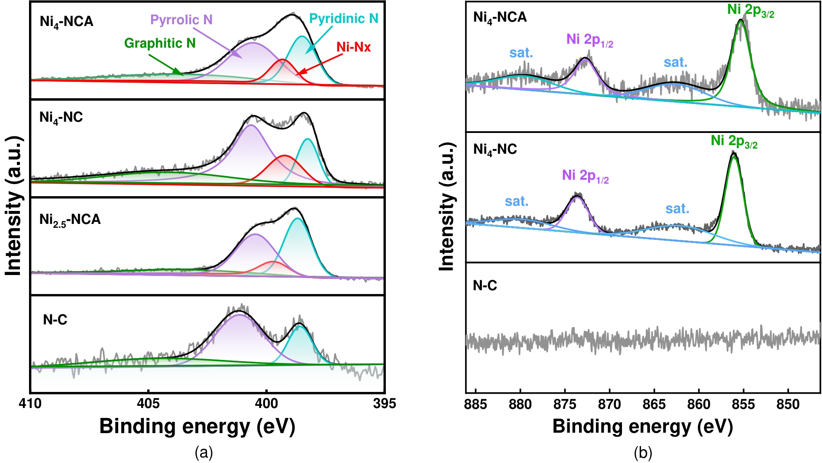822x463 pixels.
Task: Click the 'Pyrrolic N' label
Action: [x=181, y=20]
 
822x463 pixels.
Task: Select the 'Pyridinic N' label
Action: [x=343, y=19]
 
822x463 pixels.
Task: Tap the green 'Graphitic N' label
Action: [x=160, y=43]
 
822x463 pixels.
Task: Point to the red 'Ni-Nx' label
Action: [x=353, y=47]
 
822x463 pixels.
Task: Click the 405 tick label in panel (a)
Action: [x=148, y=404]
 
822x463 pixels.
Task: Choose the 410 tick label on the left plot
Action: [x=30, y=404]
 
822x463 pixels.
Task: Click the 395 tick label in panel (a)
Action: [x=384, y=404]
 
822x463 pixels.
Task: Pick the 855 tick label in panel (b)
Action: [x=743, y=405]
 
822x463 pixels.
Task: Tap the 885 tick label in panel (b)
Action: [x=475, y=405]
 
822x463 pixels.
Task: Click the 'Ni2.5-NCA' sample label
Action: [x=70, y=220]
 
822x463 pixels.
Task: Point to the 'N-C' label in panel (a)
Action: [x=55, y=320]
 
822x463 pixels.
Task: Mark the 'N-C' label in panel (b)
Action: [x=485, y=286]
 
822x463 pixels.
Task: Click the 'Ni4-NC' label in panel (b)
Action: [x=495, y=150]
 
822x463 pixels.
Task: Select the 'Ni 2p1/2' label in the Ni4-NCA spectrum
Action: [x=589, y=40]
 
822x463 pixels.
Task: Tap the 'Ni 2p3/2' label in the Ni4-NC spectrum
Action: [x=734, y=142]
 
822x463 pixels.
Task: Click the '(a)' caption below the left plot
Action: [x=204, y=453]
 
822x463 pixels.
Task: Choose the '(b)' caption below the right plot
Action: [x=643, y=453]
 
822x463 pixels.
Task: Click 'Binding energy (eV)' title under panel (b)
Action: [x=642, y=427]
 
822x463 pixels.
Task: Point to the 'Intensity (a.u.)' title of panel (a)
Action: [x=14, y=206]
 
